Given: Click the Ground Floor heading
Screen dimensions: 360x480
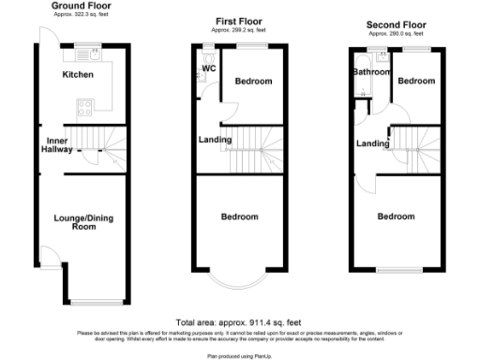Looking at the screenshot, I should tap(77, 6).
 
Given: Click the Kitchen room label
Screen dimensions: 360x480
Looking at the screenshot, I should tap(79, 74).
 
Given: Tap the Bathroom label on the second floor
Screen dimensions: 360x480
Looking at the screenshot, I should tap(370, 71).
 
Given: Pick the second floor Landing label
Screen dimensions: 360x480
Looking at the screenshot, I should tap(372, 143).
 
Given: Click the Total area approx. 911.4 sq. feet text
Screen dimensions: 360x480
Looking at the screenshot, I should tap(238, 322).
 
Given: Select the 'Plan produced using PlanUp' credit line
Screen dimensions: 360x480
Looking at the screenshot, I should tap(238, 355).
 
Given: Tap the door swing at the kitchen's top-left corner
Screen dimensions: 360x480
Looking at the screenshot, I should tap(43, 35).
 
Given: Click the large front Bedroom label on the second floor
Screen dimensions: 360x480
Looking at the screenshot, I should tap(396, 217).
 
